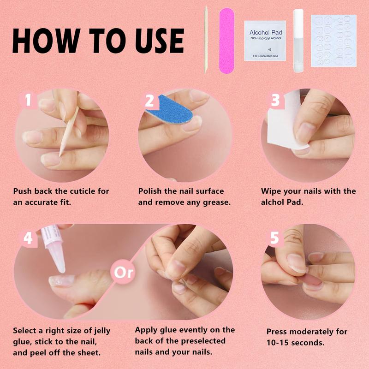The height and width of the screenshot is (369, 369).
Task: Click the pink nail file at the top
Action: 226,40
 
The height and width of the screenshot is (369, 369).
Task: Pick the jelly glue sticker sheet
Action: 333,41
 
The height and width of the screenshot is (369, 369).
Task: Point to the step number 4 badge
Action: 27,238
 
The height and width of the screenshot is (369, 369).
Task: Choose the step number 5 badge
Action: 275,238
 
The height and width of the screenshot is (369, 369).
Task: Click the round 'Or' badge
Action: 124,272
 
